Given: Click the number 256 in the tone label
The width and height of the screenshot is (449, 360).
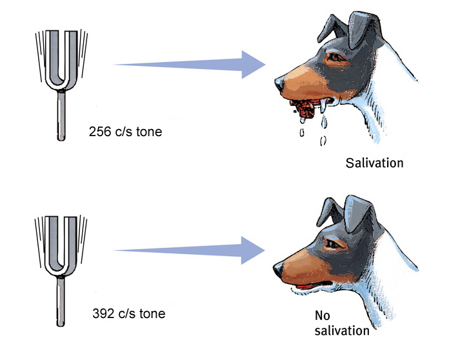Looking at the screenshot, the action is coord(99,132).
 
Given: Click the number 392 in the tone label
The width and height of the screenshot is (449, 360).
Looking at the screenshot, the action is coord(103,314).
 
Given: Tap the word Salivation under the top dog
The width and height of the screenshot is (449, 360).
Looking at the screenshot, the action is coord(375,163).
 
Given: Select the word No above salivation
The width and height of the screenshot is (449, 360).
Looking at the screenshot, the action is coord(323,315).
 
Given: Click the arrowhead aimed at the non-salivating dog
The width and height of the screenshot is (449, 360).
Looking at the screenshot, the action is coord(253,250).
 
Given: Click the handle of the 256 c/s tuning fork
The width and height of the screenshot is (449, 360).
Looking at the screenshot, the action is coord(61,115).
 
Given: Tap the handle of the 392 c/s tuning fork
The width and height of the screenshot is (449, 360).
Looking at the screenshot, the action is coord(61,301).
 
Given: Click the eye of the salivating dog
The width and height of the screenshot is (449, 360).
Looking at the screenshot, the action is coord(335,57).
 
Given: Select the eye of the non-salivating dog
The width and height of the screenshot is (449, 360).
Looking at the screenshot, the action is coord(334,244).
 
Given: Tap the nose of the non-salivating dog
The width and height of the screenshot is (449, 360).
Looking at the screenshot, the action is coord(278,270).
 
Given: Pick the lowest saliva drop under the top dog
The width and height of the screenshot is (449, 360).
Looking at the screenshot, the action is coord(323,141).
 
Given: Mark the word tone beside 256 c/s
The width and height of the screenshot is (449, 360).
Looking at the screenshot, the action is coord(149,132).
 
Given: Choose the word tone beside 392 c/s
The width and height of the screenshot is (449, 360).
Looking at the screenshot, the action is coord(153,314).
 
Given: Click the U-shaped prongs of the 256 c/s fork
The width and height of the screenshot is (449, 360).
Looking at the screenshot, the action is coord(61,60).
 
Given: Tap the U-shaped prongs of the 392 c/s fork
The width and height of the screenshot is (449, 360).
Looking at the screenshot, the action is coord(61,246).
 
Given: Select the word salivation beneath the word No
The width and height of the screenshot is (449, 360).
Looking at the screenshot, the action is coord(342,330).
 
